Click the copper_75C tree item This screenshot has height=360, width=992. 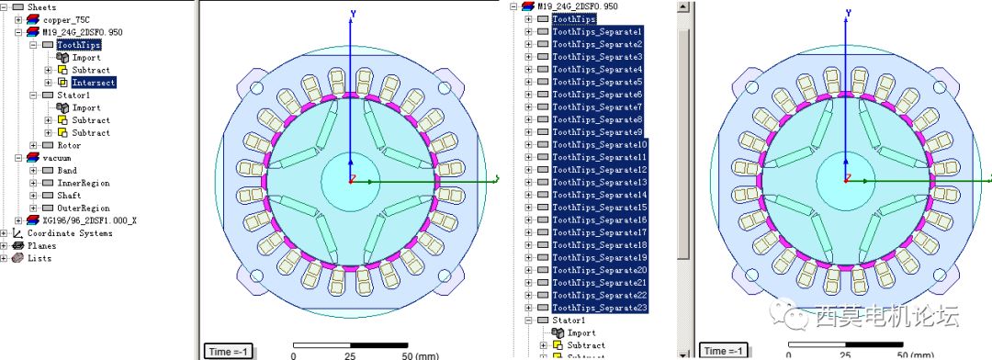click(66, 19)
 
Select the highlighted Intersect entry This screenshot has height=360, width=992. click(93, 83)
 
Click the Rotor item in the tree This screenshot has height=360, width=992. click(69, 145)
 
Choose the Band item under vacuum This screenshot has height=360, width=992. click(66, 170)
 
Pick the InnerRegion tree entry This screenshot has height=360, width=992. click(83, 183)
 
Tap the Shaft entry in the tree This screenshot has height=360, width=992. click(68, 196)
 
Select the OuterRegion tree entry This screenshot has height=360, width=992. click(83, 208)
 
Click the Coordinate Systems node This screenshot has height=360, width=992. click(70, 233)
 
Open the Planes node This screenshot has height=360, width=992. click(41, 245)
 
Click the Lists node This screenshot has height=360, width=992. click(39, 258)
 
